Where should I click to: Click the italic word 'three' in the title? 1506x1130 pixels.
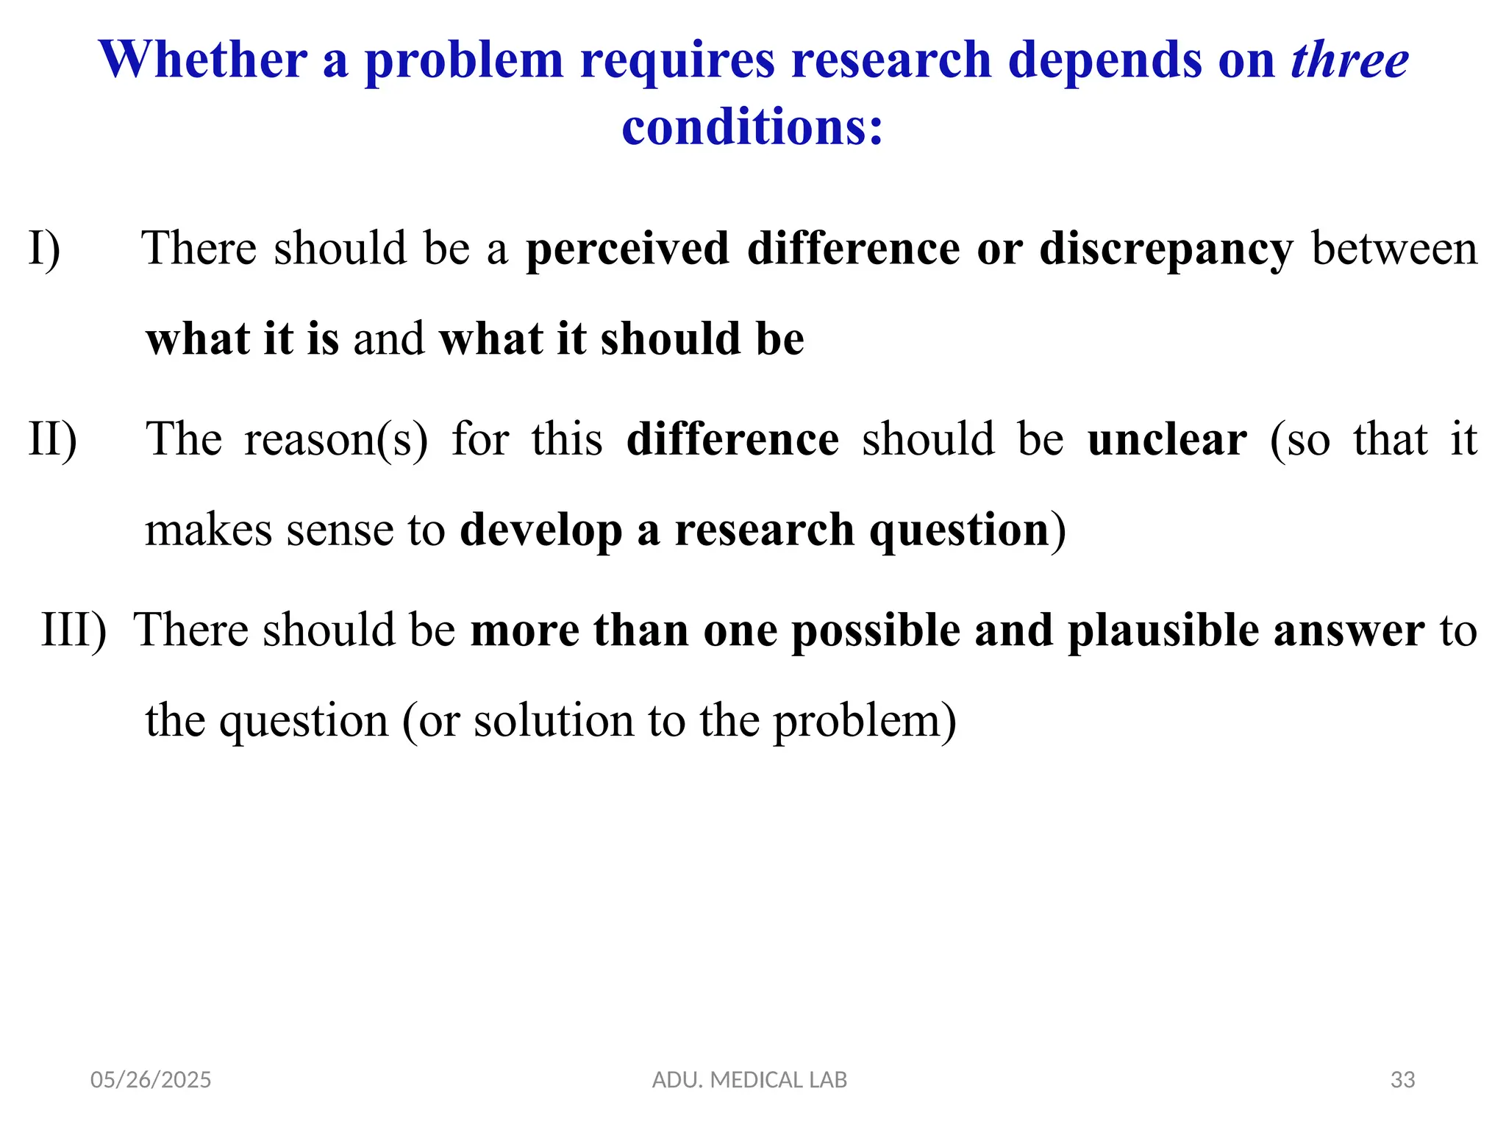(1349, 60)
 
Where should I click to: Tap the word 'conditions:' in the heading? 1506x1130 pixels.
(752, 127)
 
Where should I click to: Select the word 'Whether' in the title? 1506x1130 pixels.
(203, 60)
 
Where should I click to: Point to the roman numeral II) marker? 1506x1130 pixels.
(52, 440)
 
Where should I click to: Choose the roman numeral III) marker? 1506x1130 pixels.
(74, 631)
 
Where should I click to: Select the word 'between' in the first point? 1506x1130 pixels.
(1394, 249)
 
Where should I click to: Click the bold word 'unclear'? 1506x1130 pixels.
(1167, 440)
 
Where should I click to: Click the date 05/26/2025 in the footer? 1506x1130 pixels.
(151, 1080)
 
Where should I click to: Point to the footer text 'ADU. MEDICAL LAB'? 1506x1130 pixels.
(749, 1080)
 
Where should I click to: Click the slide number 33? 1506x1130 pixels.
(1402, 1080)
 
